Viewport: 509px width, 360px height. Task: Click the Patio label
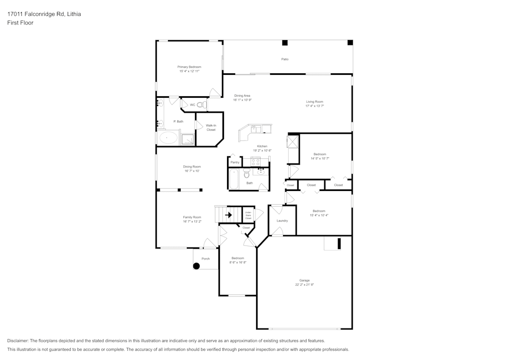pyautogui.click(x=285, y=60)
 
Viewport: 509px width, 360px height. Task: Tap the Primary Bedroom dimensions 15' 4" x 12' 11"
pyautogui.click(x=189, y=71)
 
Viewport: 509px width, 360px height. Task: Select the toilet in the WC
pyautogui.click(x=201, y=105)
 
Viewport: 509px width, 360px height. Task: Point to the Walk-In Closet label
pyautogui.click(x=211, y=127)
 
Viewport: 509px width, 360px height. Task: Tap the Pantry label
pyautogui.click(x=235, y=162)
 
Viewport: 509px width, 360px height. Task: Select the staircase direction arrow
pyautogui.click(x=230, y=215)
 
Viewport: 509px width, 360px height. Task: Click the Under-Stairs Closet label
pyautogui.click(x=248, y=215)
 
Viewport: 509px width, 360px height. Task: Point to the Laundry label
pyautogui.click(x=282, y=221)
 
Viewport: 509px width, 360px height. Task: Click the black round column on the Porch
pyautogui.click(x=196, y=265)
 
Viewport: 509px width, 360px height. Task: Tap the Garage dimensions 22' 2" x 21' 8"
pyautogui.click(x=304, y=285)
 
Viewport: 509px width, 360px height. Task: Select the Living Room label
pyautogui.click(x=315, y=102)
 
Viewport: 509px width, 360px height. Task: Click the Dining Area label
pyautogui.click(x=242, y=96)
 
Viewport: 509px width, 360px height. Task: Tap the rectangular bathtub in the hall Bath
pyautogui.click(x=234, y=179)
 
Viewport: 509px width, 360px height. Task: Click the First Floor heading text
pyautogui.click(x=20, y=23)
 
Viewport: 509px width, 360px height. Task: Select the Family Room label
pyautogui.click(x=192, y=217)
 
